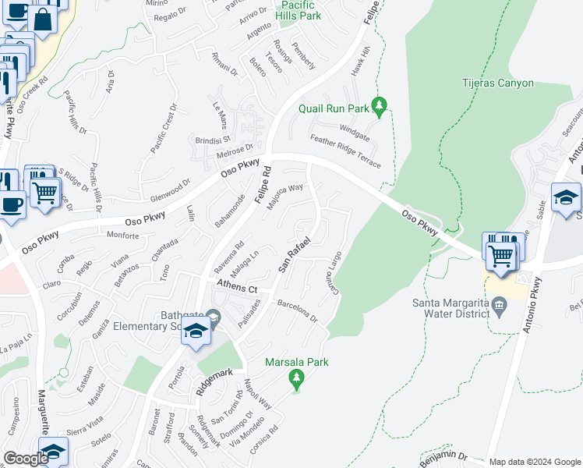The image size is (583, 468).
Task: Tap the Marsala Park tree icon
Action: (x=295, y=378)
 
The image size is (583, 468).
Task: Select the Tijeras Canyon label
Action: (x=498, y=83)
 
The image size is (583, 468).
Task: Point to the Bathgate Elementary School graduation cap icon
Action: (x=196, y=333)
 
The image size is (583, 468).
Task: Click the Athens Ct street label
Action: (x=237, y=286)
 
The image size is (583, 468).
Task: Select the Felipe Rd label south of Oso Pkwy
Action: (x=261, y=186)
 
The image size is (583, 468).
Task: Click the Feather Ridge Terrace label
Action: (x=345, y=151)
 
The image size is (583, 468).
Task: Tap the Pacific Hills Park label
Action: (x=299, y=9)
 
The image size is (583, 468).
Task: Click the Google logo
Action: (x=26, y=459)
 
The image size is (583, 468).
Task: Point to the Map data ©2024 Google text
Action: (x=535, y=462)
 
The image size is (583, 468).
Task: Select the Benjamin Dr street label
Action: (x=440, y=456)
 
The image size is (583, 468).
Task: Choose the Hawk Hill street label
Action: (x=360, y=60)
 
